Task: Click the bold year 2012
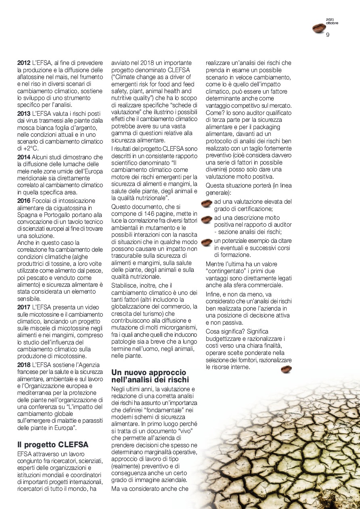click(x=24, y=63)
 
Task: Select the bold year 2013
click(x=24, y=113)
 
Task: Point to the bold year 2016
click(x=24, y=200)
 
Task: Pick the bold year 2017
click(x=24, y=307)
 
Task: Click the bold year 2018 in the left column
click(x=24, y=365)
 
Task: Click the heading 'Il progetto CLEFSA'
click(x=53, y=444)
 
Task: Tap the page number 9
click(x=328, y=35)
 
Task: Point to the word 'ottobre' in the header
click(x=332, y=23)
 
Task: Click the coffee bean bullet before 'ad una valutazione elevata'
click(x=206, y=203)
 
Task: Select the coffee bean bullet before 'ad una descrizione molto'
click(x=206, y=220)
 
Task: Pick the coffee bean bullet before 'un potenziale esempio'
click(x=206, y=242)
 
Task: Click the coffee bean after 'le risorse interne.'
click(x=286, y=369)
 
